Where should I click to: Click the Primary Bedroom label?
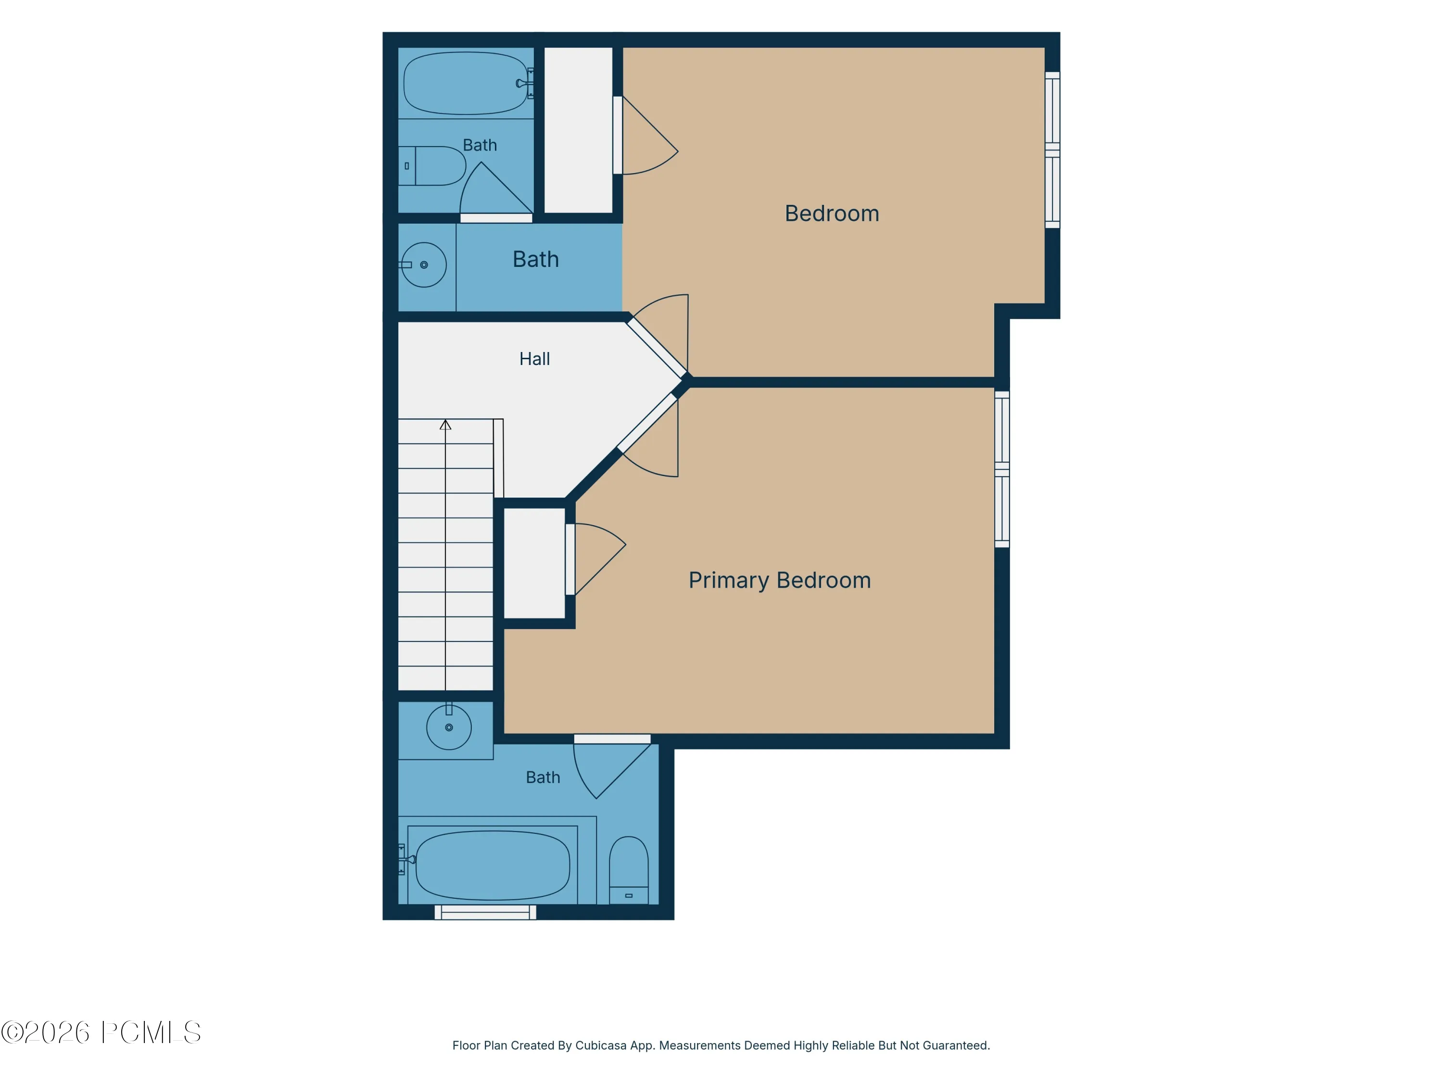pyautogui.click(x=780, y=580)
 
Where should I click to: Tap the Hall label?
pyautogui.click(x=534, y=359)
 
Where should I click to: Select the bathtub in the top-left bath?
pyautogui.click(x=466, y=84)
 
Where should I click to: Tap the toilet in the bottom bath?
pyautogui.click(x=629, y=870)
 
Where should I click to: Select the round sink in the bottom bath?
pyautogui.click(x=449, y=727)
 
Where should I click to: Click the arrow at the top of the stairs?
pyautogui.click(x=445, y=425)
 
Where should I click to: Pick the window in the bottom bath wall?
pyautogui.click(x=485, y=912)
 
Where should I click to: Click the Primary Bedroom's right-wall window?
pyautogui.click(x=1002, y=469)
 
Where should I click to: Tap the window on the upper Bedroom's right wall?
pyautogui.click(x=1052, y=150)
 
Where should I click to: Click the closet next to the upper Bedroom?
pyautogui.click(x=578, y=130)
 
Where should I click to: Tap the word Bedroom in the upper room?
pyautogui.click(x=832, y=213)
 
